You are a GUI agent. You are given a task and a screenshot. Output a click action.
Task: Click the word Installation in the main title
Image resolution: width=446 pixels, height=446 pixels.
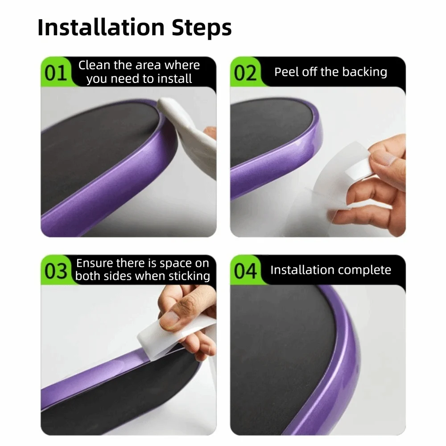[101, 28]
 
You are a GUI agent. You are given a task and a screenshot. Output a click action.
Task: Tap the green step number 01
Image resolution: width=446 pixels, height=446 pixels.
[56, 73]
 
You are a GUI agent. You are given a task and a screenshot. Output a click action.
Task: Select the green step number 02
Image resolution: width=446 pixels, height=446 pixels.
[245, 73]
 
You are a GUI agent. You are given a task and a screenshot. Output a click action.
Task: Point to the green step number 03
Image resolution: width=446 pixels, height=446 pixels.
[56, 271]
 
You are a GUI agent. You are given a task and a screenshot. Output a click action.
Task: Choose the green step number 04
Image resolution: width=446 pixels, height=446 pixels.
[245, 271]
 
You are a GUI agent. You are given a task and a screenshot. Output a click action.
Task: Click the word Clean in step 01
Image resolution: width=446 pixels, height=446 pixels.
[94, 65]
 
